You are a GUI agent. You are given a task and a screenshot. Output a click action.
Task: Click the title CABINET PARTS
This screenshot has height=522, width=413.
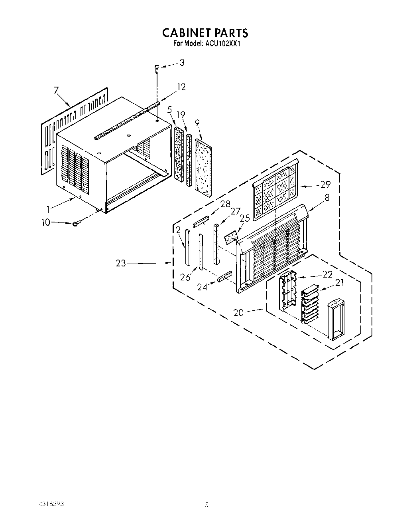[205, 32]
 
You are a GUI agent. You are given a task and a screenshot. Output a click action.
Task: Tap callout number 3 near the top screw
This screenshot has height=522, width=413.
[182, 63]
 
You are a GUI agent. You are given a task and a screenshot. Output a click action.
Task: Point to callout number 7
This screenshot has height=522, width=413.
[56, 91]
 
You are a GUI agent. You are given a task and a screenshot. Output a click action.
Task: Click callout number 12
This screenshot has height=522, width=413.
[181, 87]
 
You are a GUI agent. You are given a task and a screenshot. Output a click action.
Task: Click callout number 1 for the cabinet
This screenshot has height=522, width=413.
[48, 209]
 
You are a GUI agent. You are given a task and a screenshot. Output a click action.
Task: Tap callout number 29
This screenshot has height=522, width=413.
[325, 185]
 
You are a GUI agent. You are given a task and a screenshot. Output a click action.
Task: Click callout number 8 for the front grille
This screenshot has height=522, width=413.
[327, 197]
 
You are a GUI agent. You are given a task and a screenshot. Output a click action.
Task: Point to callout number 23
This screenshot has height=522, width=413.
[121, 263]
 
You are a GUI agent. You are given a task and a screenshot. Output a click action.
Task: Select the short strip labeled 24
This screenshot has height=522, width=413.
[225, 276]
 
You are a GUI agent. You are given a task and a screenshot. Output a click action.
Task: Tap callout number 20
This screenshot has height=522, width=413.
[238, 313]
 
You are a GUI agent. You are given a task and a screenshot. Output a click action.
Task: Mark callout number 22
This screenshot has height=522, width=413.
[327, 274]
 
